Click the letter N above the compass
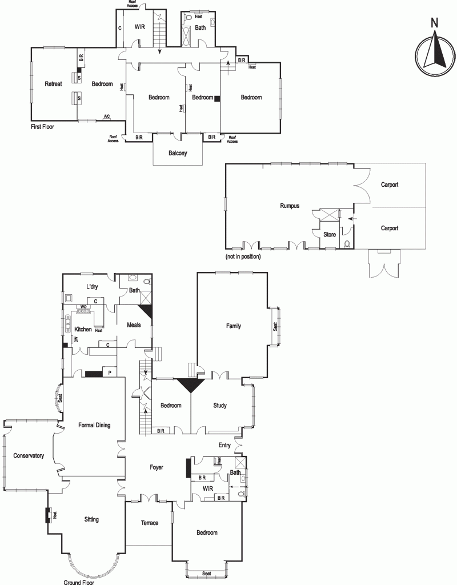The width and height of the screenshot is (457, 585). (x=435, y=23)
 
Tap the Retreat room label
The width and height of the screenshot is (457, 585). (x=53, y=84)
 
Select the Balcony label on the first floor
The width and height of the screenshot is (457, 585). (x=178, y=153)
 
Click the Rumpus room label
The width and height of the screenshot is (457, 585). (x=290, y=206)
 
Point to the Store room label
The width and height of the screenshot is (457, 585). (x=330, y=234)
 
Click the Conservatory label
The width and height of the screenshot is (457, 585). (x=29, y=455)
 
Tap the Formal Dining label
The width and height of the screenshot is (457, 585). (x=94, y=425)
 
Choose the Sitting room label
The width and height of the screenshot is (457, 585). (x=91, y=519)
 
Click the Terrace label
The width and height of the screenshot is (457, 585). (x=150, y=523)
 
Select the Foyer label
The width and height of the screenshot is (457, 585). (x=157, y=467)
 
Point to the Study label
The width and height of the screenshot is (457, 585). (x=220, y=405)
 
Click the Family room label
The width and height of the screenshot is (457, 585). (x=234, y=326)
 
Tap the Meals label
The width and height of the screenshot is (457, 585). (x=134, y=325)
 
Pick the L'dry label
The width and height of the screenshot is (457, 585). (x=92, y=287)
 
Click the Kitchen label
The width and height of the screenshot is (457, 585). (x=83, y=329)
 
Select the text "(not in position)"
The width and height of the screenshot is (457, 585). (x=243, y=257)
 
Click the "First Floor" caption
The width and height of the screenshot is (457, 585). (x=42, y=127)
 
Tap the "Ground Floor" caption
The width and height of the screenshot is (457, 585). (x=79, y=582)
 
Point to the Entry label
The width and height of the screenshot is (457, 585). (x=225, y=445)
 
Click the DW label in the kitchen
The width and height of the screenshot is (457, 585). (x=76, y=339)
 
